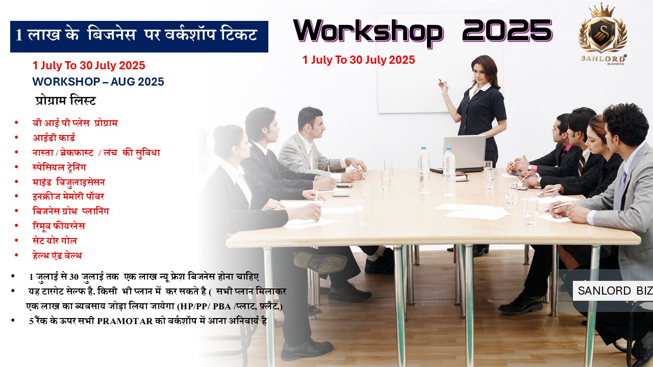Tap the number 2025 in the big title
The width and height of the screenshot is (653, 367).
(x=507, y=30)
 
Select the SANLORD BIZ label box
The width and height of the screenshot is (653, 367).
(x=613, y=291)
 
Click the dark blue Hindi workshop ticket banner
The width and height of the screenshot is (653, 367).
(x=139, y=36)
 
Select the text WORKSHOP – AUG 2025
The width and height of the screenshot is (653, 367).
(x=98, y=82)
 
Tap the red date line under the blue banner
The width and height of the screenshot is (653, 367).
(x=89, y=66)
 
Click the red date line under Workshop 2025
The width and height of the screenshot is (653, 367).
(x=359, y=60)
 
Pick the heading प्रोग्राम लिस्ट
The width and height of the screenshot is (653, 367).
(x=66, y=101)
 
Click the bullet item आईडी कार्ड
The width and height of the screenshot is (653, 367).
(x=54, y=138)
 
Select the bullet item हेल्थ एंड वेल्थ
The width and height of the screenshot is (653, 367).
(x=57, y=255)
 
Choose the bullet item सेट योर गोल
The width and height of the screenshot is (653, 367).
(x=55, y=241)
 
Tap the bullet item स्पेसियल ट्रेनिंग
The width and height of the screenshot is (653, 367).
(x=59, y=167)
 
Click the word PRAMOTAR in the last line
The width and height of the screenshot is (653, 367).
(x=125, y=321)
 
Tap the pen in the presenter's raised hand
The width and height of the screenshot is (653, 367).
(x=444, y=83)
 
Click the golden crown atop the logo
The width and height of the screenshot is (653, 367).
(x=602, y=10)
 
